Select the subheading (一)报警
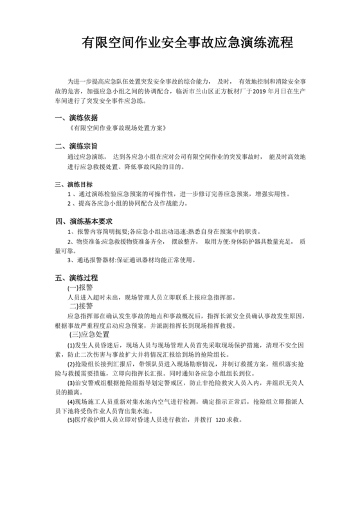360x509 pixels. [80, 288]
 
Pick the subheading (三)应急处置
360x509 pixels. [93, 335]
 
